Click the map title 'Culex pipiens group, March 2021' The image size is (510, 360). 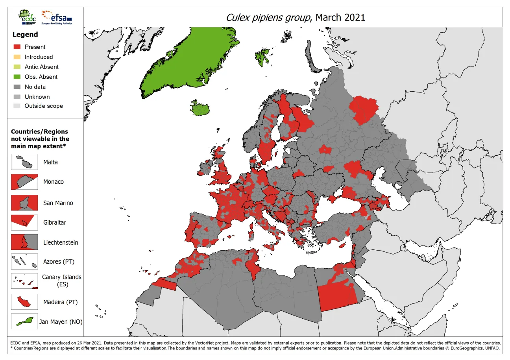(295, 17)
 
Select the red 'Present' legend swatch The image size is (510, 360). (17, 47)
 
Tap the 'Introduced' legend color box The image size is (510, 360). (17, 57)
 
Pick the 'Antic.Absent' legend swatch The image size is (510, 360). (17, 67)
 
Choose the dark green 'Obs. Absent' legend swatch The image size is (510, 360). (17, 77)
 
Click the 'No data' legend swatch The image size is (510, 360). (17, 87)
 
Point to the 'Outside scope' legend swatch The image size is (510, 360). (17, 106)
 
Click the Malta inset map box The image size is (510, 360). (24, 162)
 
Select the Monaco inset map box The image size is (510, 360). (24, 182)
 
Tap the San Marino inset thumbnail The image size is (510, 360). (24, 203)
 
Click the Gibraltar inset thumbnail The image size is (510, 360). (24, 222)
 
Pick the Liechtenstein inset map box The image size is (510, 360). (24, 242)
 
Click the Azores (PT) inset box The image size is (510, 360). (24, 262)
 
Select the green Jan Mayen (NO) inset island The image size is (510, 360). (24, 321)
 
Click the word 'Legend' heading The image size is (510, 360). (25, 35)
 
